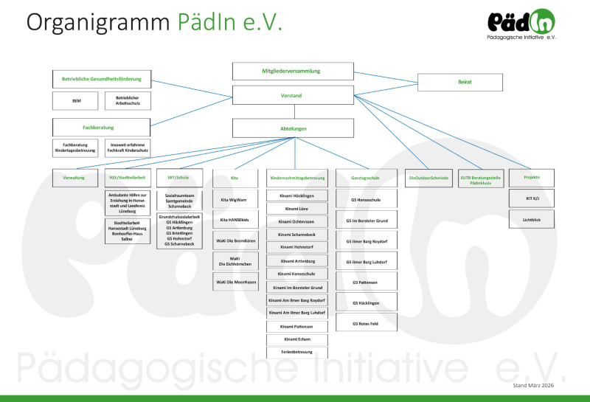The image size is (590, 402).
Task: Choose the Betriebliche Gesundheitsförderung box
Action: coord(102,79)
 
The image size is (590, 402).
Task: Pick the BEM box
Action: coord(76,100)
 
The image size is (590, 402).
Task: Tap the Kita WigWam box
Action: coord(234,200)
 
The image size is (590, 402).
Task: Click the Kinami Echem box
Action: coord(296,339)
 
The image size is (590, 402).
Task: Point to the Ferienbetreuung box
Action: coord(296,353)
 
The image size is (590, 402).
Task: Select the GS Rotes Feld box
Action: coord(367,323)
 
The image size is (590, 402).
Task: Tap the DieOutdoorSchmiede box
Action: coord(428,178)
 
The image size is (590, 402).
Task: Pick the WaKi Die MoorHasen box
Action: coord(234,282)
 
